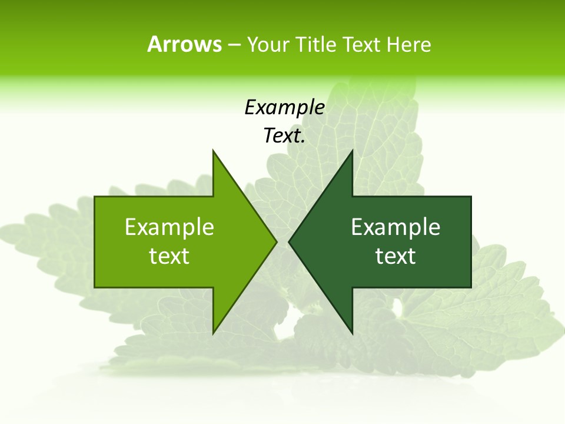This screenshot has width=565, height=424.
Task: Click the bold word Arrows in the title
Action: point(184,44)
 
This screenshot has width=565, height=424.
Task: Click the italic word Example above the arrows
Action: point(285,107)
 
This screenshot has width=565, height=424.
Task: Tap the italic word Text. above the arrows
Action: point(285,136)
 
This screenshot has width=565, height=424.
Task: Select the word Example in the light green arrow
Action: point(169,227)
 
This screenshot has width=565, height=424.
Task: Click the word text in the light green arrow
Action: point(169,256)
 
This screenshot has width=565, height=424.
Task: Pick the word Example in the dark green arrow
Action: point(395,227)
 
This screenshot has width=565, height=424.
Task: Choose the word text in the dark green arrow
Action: point(395,256)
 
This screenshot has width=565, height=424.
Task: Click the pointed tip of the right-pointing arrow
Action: point(276,241)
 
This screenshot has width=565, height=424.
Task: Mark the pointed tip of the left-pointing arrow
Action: point(289,241)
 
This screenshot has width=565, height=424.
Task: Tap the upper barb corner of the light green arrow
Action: point(213,151)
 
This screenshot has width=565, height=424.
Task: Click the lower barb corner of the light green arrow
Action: point(213,333)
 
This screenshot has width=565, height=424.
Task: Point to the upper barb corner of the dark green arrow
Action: point(352,151)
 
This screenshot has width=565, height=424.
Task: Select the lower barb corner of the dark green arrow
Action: point(352,333)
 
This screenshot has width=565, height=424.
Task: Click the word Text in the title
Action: point(363,45)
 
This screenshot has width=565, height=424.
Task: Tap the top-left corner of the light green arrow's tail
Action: point(95,197)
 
